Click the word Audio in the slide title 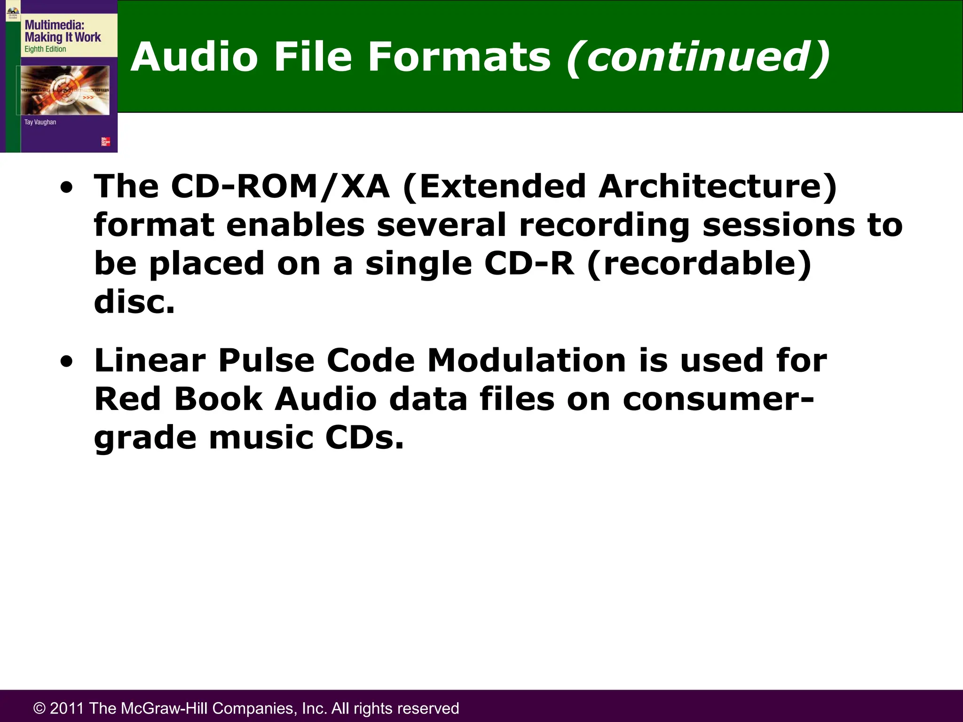[194, 57]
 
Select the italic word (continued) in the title [698, 58]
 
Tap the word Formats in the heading [459, 57]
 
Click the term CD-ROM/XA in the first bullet [280, 187]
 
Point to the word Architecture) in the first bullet [718, 187]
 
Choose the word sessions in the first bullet [779, 225]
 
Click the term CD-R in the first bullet [529, 263]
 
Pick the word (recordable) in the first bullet [700, 264]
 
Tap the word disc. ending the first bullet [134, 302]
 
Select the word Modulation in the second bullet [526, 361]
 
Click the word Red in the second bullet [127, 400]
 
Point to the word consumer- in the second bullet [718, 400]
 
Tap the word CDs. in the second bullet [364, 438]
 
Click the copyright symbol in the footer [39, 708]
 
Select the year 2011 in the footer [67, 708]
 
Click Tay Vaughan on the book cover [40, 122]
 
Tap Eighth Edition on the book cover [45, 49]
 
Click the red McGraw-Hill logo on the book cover [106, 141]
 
